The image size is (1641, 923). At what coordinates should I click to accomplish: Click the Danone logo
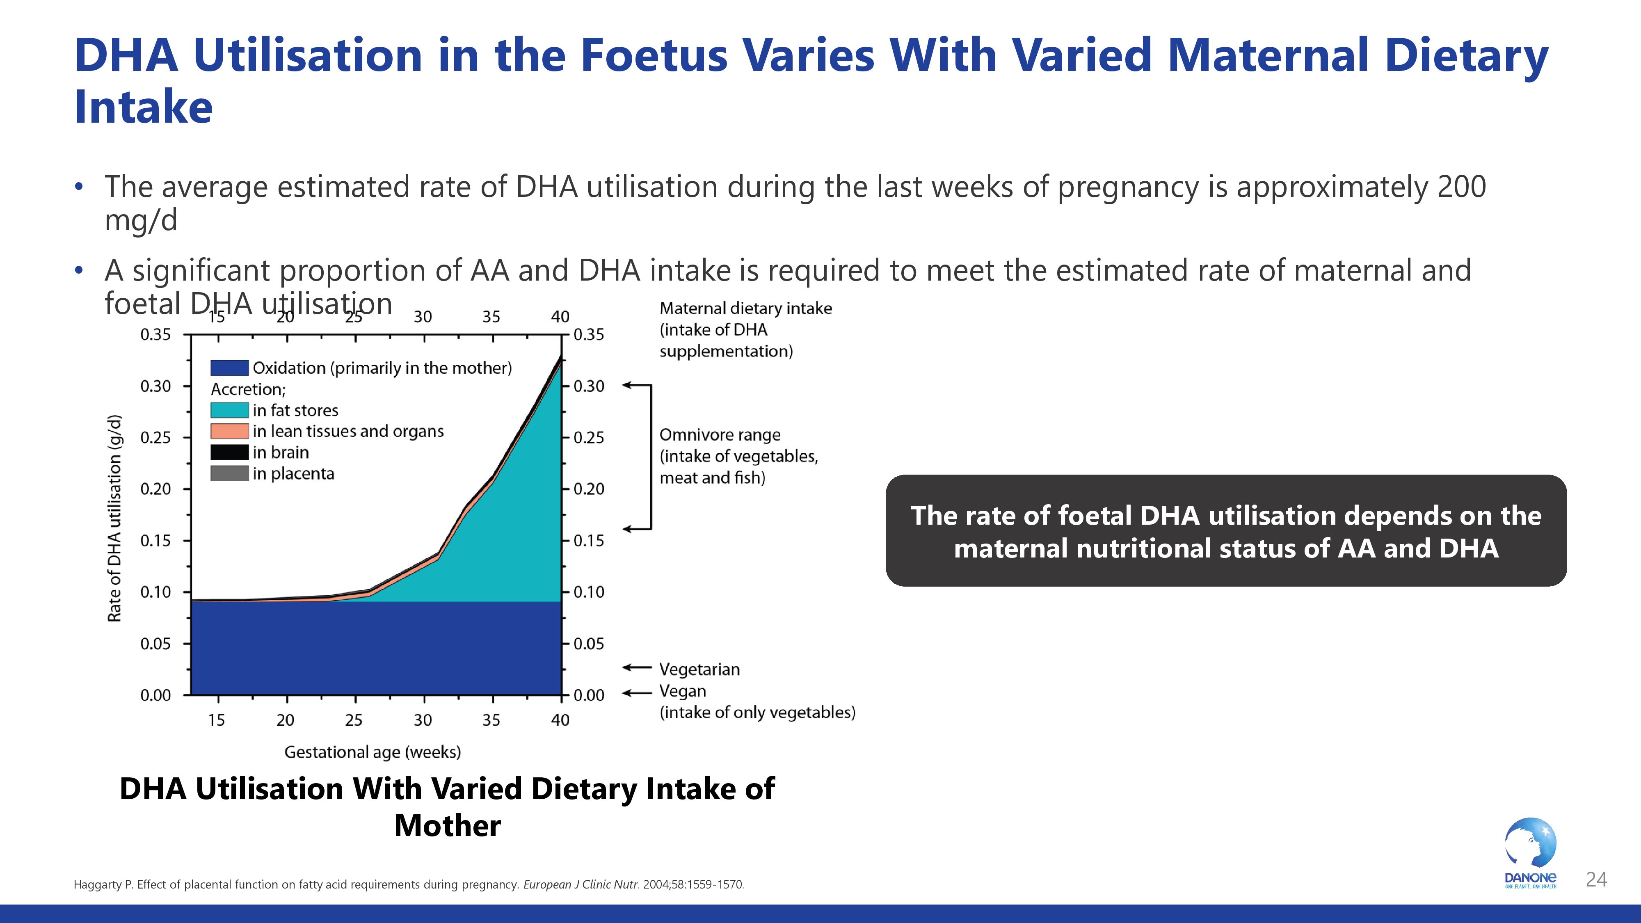coord(1530,852)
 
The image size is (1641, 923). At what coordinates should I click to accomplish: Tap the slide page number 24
coord(1596,880)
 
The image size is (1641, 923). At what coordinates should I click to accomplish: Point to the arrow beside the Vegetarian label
coord(636,667)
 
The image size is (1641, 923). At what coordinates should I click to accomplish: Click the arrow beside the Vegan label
coord(636,692)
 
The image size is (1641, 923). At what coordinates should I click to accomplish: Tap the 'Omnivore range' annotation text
coord(719,435)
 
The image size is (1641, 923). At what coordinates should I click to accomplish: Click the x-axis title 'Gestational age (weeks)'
coord(372,752)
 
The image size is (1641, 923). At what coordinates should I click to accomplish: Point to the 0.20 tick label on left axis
coord(155,489)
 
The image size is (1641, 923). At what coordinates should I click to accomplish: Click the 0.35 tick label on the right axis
coord(589,335)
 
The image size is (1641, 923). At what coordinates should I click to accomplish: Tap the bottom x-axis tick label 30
coord(423,720)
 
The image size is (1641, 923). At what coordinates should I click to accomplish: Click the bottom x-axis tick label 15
coord(217,720)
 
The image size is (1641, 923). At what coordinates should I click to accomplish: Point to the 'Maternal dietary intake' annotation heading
coord(745,309)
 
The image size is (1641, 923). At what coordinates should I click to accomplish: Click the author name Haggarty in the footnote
coord(99,885)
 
